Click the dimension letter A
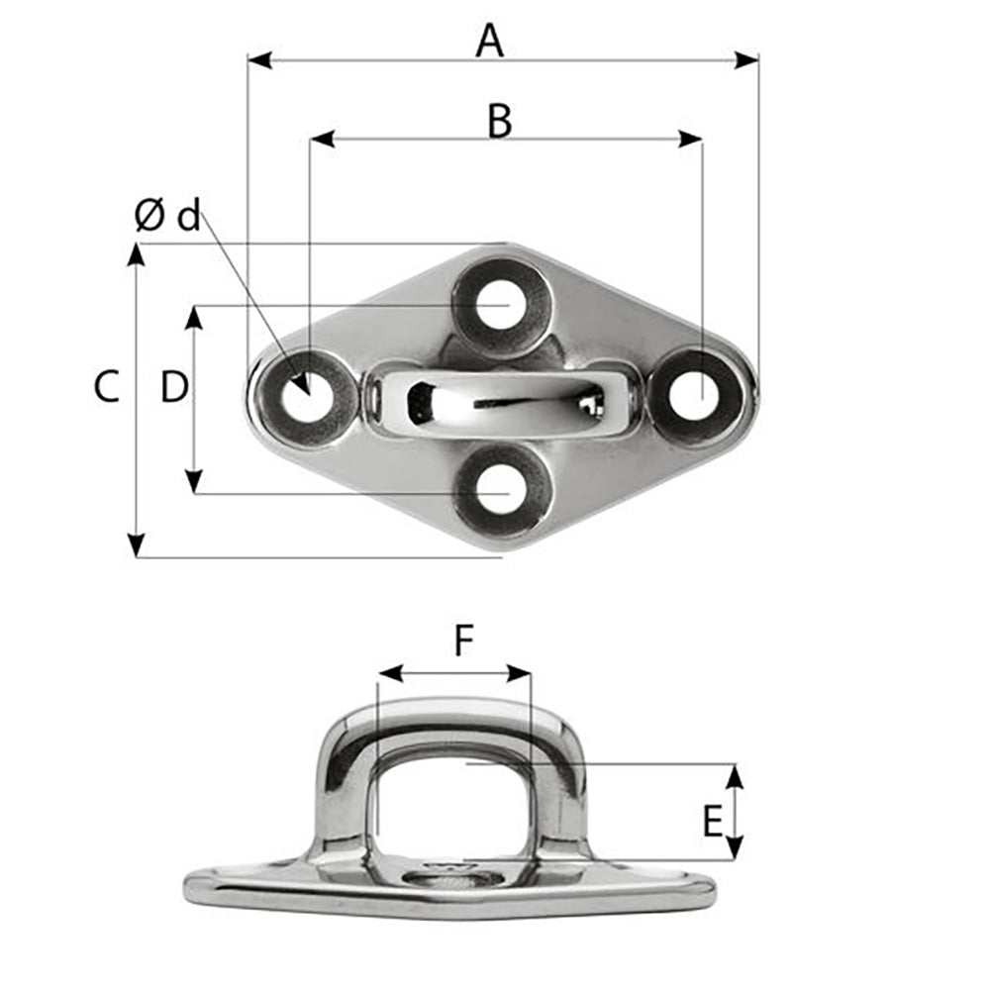click(489, 42)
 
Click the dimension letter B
click(500, 122)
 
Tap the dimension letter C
click(107, 387)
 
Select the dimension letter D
click(174, 387)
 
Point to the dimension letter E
click(712, 822)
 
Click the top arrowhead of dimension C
click(137, 255)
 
